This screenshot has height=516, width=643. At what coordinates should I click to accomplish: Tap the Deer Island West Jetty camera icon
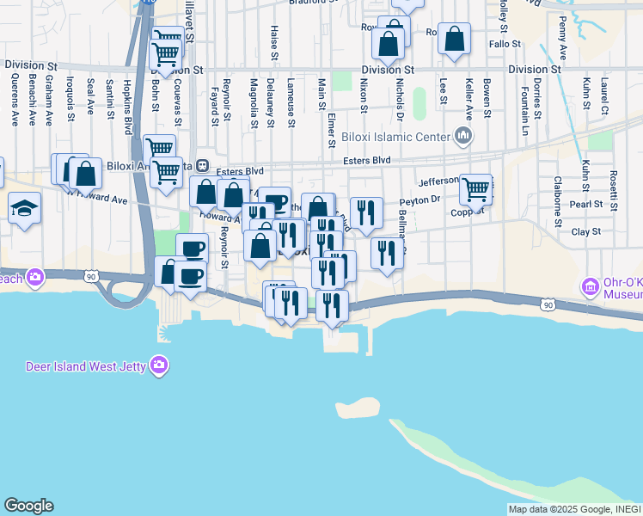coord(159,367)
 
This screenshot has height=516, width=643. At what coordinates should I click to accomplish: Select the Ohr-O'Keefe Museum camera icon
coord(591,286)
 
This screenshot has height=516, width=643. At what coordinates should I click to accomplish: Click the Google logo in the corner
coord(28,506)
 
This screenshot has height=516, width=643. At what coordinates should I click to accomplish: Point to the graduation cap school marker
coord(24,208)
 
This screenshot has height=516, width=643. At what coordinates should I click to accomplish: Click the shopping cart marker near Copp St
coord(475,189)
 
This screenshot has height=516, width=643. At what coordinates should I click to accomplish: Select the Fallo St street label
coord(505,44)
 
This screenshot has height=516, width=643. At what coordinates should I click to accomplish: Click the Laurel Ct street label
coord(604,98)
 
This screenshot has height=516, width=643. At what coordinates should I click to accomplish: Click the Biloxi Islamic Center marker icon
coord(464,136)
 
